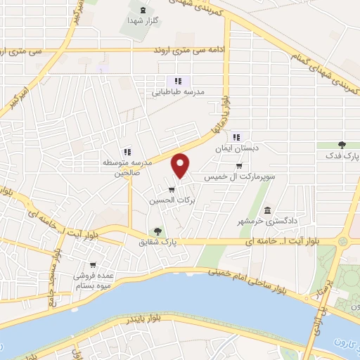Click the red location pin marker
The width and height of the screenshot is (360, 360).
[181, 165]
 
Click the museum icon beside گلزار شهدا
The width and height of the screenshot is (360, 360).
[143, 10]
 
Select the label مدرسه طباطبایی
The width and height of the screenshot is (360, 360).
[178, 92]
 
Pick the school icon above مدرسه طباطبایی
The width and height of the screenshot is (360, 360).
[178, 81]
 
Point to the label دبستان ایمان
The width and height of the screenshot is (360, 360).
[237, 148]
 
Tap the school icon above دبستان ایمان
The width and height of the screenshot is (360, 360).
[237, 137]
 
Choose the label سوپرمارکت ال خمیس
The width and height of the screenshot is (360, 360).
[238, 178]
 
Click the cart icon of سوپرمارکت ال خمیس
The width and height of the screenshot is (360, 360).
[239, 167]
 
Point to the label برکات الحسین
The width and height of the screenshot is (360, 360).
[170, 200]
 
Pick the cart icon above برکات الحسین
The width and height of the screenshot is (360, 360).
[172, 188]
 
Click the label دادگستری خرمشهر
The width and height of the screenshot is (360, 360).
[266, 223]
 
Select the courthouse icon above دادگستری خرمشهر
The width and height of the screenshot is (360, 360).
[267, 211]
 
